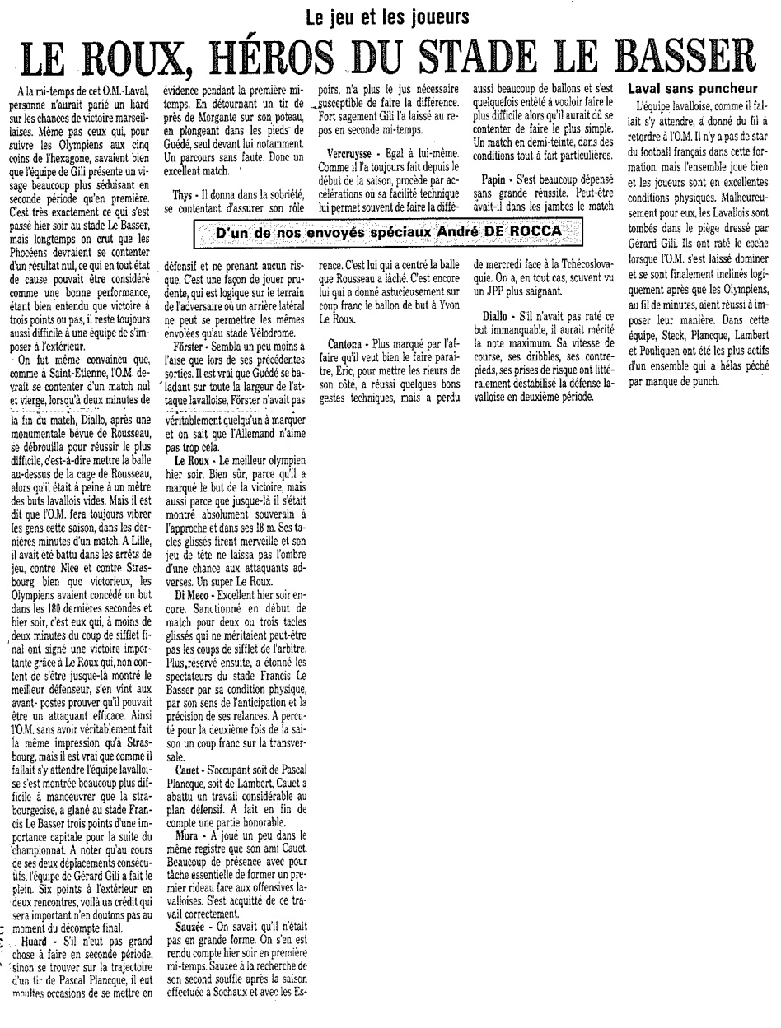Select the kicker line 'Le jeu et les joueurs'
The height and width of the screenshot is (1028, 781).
[387, 16]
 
